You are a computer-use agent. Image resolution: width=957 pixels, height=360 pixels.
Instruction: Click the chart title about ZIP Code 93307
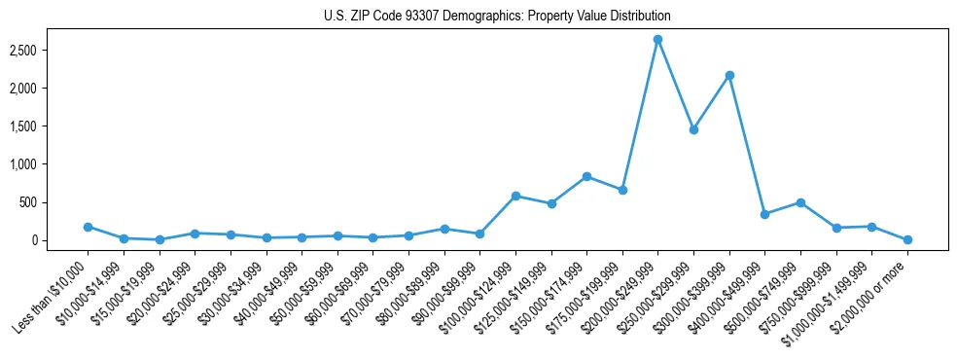point(497,17)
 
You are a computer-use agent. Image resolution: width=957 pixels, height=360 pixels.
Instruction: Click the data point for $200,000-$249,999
point(657,39)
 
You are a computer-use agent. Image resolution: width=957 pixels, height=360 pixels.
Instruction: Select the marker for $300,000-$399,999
point(729,75)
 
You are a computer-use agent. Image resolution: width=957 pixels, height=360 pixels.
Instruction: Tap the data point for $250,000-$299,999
point(693,129)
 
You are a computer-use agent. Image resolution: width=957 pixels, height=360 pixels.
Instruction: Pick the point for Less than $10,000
point(88,227)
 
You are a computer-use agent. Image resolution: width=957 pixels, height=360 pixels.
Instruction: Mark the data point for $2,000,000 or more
point(907,239)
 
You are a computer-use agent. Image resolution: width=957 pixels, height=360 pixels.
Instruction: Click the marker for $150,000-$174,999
point(586,176)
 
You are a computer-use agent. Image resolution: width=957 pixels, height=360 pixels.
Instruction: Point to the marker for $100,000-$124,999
point(515,196)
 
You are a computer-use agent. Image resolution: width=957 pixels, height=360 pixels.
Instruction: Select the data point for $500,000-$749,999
point(800,202)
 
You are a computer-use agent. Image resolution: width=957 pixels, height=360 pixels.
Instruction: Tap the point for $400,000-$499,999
point(764,214)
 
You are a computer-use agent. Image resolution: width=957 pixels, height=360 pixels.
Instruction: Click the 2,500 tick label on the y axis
point(50,50)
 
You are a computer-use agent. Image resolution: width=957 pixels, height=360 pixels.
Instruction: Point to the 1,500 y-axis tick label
point(50,126)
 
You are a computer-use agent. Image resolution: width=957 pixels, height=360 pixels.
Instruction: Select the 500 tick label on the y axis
point(56,202)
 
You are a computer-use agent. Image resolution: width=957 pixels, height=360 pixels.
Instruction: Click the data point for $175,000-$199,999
point(622,190)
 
